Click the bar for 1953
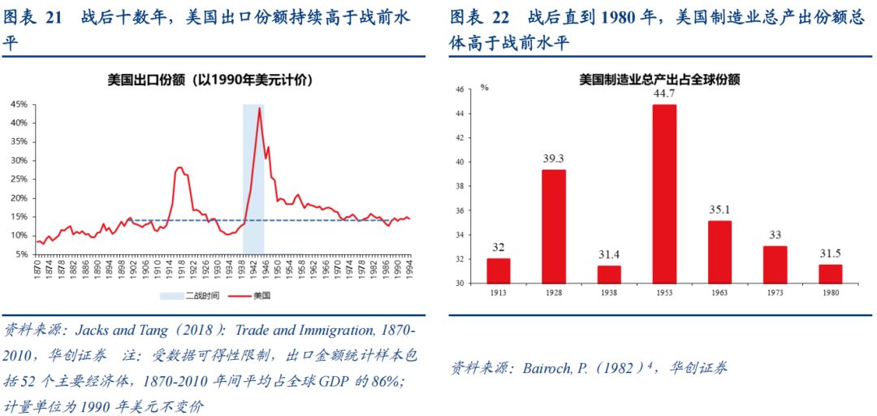664,193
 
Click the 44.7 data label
664,93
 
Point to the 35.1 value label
719,210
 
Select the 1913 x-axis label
499,292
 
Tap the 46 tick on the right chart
459,89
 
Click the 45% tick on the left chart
19,104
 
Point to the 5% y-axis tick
21,253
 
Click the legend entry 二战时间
188,296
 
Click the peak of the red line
259,107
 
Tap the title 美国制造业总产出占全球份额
659,79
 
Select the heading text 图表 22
478,19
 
